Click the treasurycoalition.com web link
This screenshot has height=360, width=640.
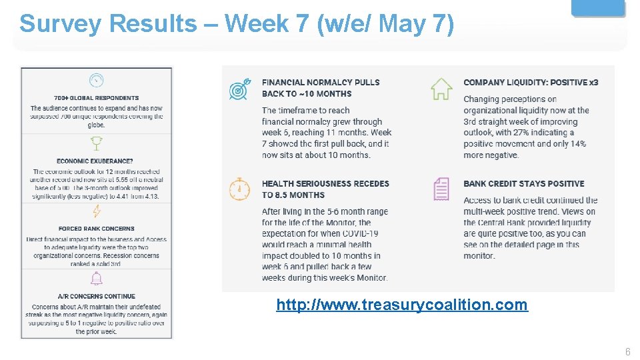pyautogui.click(x=402, y=305)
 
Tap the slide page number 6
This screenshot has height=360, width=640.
pyautogui.click(x=627, y=351)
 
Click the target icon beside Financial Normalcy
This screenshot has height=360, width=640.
pyautogui.click(x=239, y=89)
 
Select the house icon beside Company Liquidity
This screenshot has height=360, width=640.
pyautogui.click(x=441, y=89)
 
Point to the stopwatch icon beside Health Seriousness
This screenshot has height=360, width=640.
pyautogui.click(x=239, y=189)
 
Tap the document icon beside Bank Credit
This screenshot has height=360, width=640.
pyautogui.click(x=441, y=189)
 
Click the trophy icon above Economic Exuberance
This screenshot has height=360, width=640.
pyautogui.click(x=97, y=144)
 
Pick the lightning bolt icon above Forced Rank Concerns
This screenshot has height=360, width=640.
pyautogui.click(x=97, y=211)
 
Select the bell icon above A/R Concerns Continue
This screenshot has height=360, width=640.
pyautogui.click(x=97, y=279)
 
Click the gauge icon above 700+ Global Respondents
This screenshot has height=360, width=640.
pyautogui.click(x=97, y=81)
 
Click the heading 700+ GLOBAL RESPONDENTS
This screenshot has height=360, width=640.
pyautogui.click(x=97, y=98)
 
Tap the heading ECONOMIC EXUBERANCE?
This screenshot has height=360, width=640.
pyautogui.click(x=95, y=161)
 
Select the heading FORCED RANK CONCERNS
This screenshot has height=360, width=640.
pyautogui.click(x=97, y=229)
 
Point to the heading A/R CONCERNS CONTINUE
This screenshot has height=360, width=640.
pyautogui.click(x=97, y=296)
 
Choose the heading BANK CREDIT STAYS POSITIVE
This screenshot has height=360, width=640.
pyautogui.click(x=523, y=184)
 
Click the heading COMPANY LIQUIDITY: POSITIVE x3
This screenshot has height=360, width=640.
pyautogui.click(x=531, y=83)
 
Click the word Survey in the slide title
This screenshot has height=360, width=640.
pyautogui.click(x=61, y=24)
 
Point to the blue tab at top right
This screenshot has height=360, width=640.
pyautogui.click(x=599, y=7)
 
